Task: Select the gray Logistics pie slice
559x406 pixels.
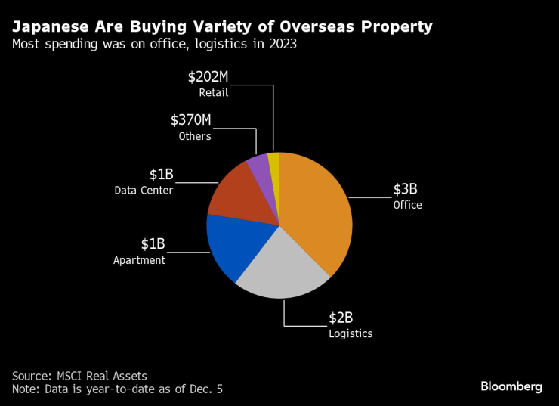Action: click(x=283, y=265)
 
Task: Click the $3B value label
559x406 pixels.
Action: click(x=405, y=189)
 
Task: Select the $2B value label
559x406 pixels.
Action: click(x=341, y=318)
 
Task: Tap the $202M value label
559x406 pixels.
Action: click(x=208, y=77)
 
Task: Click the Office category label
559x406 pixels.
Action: click(x=407, y=205)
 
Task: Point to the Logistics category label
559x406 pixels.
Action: click(x=351, y=333)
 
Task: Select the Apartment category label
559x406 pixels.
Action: click(x=139, y=260)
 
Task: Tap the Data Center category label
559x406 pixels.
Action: click(x=144, y=191)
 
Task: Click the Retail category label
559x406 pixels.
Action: click(x=214, y=93)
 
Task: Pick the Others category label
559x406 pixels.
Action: click(x=195, y=137)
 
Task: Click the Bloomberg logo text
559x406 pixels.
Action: click(x=511, y=386)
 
